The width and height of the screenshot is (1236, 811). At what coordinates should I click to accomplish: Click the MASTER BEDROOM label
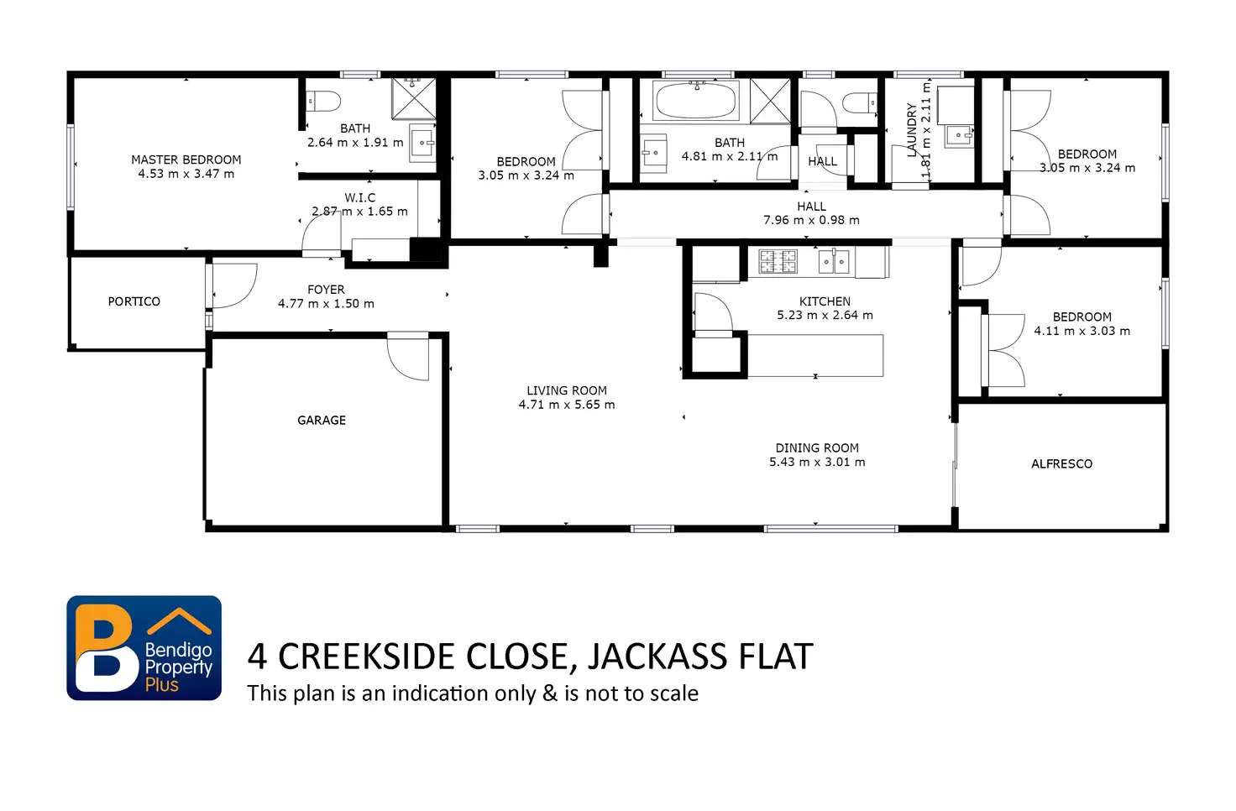click(x=186, y=160)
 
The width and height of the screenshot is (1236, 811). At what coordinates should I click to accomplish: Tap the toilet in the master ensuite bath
click(x=324, y=102)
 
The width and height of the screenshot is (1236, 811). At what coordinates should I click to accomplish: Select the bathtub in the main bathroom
click(x=696, y=101)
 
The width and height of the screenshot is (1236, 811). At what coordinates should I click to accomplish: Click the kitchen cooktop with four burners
click(x=778, y=261)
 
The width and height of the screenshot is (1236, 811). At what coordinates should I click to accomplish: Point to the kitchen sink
click(x=834, y=261)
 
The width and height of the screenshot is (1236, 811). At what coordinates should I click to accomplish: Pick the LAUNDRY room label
click(x=912, y=130)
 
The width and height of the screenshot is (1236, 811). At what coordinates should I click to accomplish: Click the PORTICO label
click(x=134, y=301)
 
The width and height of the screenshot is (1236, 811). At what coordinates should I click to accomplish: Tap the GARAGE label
click(x=322, y=421)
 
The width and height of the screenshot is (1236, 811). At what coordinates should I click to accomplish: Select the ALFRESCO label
click(x=1061, y=464)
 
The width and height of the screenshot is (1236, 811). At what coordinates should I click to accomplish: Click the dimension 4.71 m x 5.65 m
click(x=567, y=405)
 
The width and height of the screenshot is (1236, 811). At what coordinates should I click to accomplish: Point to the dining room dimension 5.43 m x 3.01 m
click(x=817, y=462)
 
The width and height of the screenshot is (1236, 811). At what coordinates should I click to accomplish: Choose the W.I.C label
click(x=359, y=197)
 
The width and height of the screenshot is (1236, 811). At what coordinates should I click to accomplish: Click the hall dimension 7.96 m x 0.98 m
click(x=811, y=220)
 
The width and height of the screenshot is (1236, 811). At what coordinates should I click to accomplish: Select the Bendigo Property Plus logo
click(x=144, y=647)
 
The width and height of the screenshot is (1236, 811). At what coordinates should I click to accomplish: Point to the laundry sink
click(x=959, y=135)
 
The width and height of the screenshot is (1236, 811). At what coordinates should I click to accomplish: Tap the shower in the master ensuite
click(x=414, y=98)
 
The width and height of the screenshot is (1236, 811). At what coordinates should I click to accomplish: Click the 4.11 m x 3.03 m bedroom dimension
click(x=1082, y=331)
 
